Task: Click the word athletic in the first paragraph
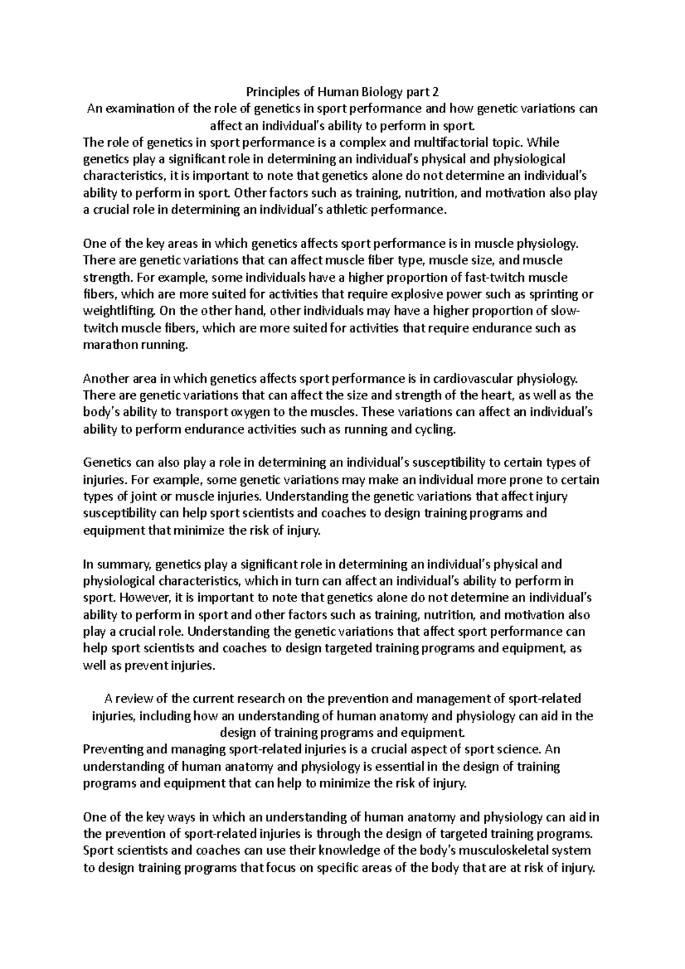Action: tap(346, 210)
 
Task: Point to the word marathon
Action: tap(106, 346)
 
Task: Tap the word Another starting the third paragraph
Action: tap(105, 379)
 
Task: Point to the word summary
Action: tap(123, 565)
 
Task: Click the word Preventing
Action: tap(111, 750)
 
